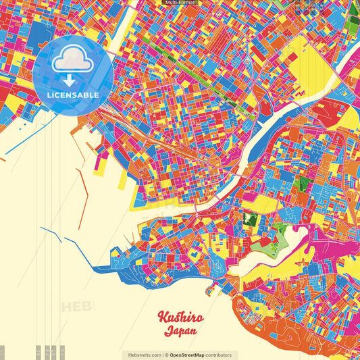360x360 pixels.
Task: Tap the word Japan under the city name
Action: point(180,332)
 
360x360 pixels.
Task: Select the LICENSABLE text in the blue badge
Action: point(74,95)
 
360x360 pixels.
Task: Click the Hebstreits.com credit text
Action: point(143,355)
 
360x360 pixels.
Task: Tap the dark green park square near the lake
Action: point(250,219)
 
